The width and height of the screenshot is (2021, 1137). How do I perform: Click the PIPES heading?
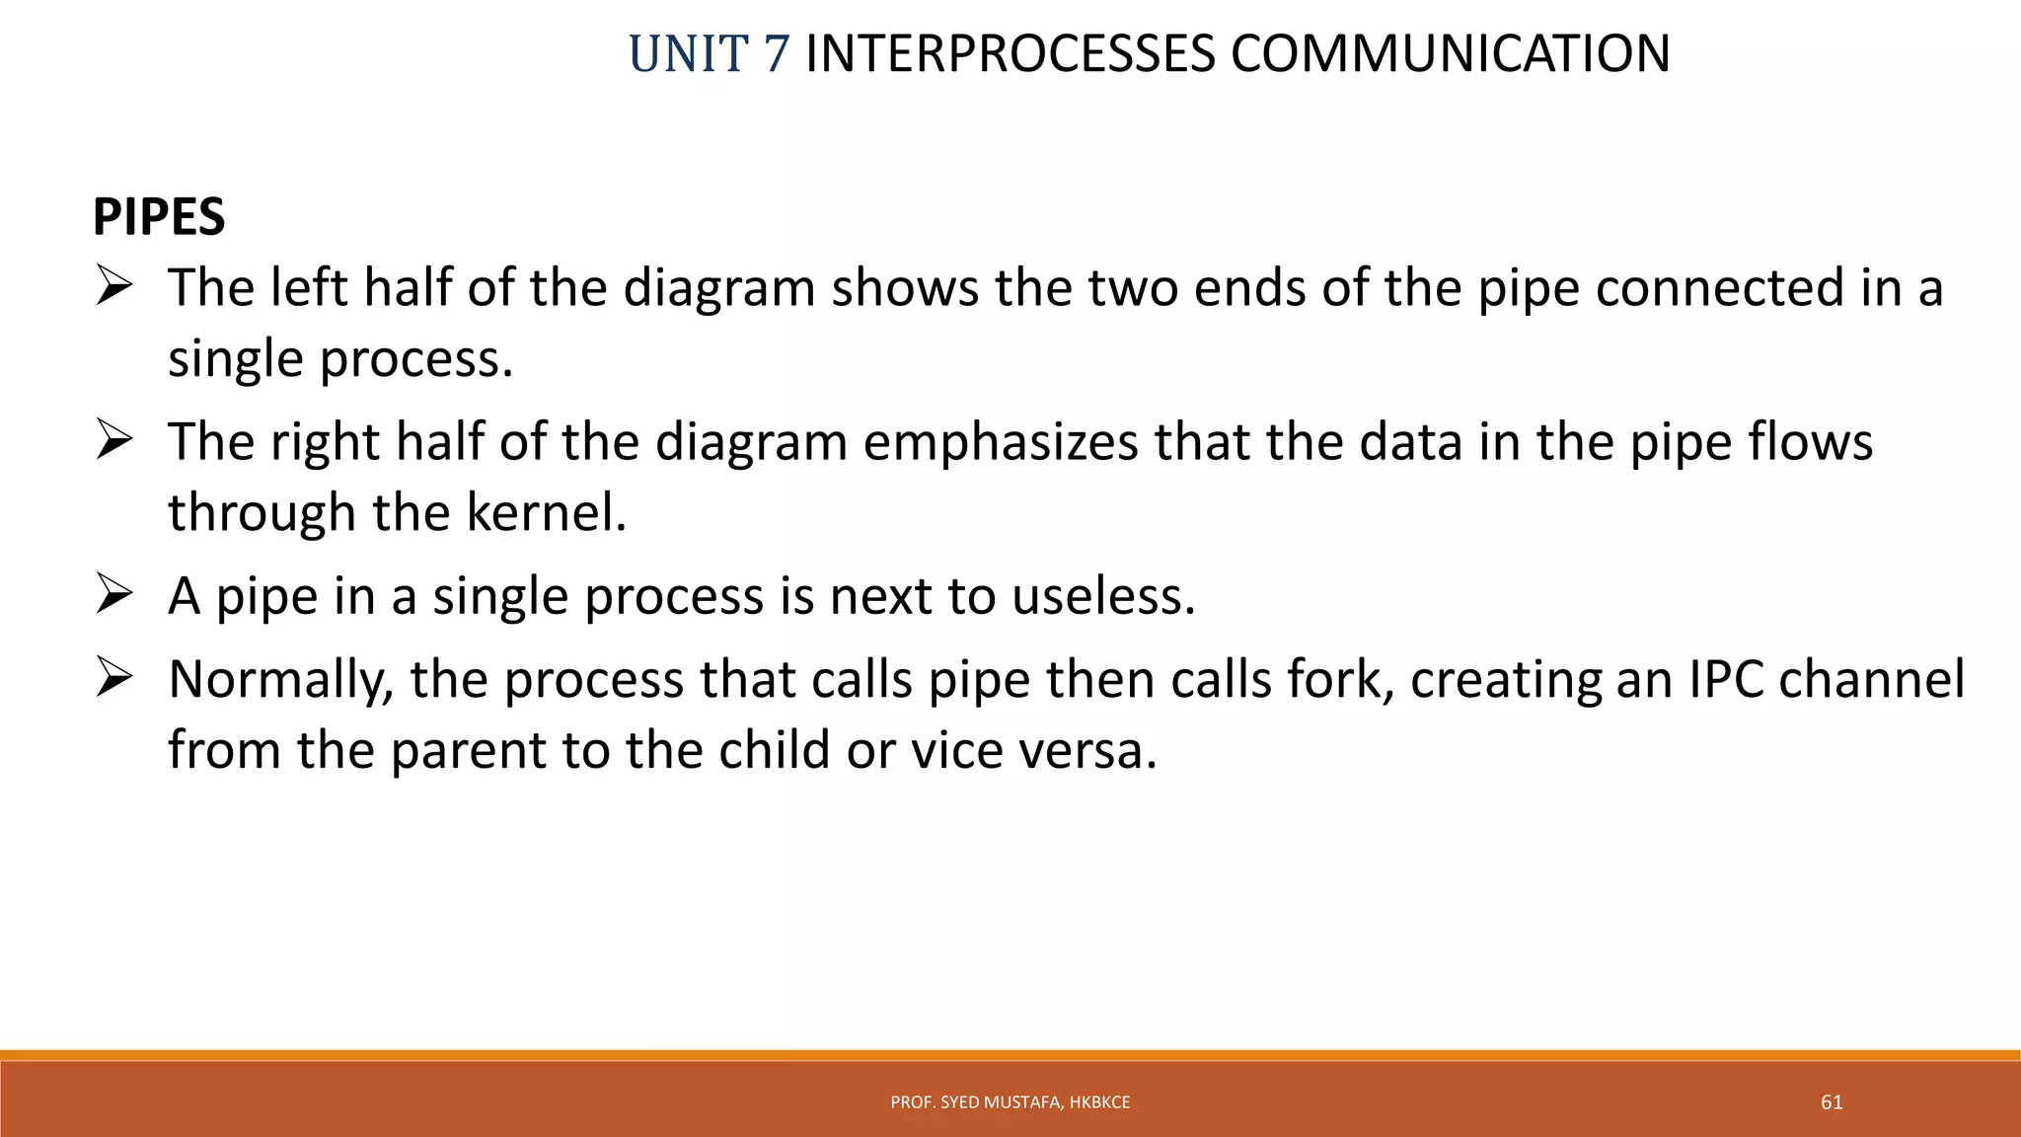(x=159, y=217)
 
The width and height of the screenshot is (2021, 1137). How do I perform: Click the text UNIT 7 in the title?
(x=709, y=54)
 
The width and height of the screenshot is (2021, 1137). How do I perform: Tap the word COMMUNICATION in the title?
(x=1450, y=54)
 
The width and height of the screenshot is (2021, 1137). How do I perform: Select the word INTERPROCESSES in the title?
(x=1010, y=54)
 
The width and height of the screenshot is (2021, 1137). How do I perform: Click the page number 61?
(x=1832, y=1102)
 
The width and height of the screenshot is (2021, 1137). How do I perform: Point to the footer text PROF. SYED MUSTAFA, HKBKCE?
(x=1010, y=1102)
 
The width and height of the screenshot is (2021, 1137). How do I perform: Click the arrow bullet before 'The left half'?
(x=114, y=289)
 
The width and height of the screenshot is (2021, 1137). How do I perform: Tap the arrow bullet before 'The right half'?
(x=114, y=443)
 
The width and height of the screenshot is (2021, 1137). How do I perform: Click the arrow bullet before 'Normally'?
(x=114, y=680)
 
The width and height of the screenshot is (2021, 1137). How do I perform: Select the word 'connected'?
(x=1720, y=289)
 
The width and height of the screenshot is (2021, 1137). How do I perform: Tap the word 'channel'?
(x=1871, y=680)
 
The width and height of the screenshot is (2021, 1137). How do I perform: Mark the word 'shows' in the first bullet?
(x=905, y=289)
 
